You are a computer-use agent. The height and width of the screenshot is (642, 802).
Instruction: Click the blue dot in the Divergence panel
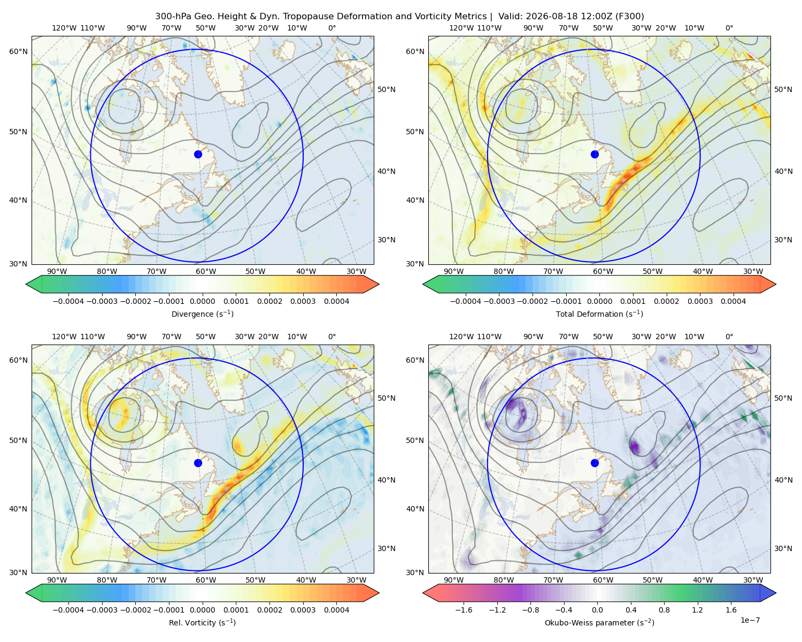click(198, 154)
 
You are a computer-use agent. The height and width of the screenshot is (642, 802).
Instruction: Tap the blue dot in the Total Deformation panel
click(595, 154)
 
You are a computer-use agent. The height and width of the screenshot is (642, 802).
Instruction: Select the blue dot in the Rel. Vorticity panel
click(198, 463)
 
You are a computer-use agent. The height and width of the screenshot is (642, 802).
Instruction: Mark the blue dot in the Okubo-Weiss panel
click(595, 463)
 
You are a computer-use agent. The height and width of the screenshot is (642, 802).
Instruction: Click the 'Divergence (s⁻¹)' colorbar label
click(202, 314)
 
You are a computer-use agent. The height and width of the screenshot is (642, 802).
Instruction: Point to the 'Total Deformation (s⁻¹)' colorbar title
click(599, 314)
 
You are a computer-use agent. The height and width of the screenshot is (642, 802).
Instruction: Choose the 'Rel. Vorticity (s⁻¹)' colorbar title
click(202, 622)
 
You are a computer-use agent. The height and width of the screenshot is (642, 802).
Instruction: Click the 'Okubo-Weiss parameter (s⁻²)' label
click(599, 622)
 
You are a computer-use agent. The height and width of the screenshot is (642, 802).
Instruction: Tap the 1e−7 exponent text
click(750, 620)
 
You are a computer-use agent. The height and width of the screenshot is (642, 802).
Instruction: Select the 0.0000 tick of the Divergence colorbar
click(202, 301)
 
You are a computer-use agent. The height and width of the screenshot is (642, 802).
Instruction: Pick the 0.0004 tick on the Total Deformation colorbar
click(733, 301)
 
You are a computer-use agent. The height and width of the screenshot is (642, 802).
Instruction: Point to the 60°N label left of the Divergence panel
click(18, 51)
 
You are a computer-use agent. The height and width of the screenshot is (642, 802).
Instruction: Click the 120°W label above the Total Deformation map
click(461, 28)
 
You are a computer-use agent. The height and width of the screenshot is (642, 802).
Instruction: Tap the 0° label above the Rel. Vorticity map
click(332, 337)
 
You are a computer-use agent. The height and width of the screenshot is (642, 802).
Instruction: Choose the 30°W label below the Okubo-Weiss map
click(753, 580)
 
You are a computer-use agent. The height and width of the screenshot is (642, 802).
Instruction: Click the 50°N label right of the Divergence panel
click(387, 89)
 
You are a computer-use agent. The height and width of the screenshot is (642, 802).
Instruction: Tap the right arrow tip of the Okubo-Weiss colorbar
click(776, 593)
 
